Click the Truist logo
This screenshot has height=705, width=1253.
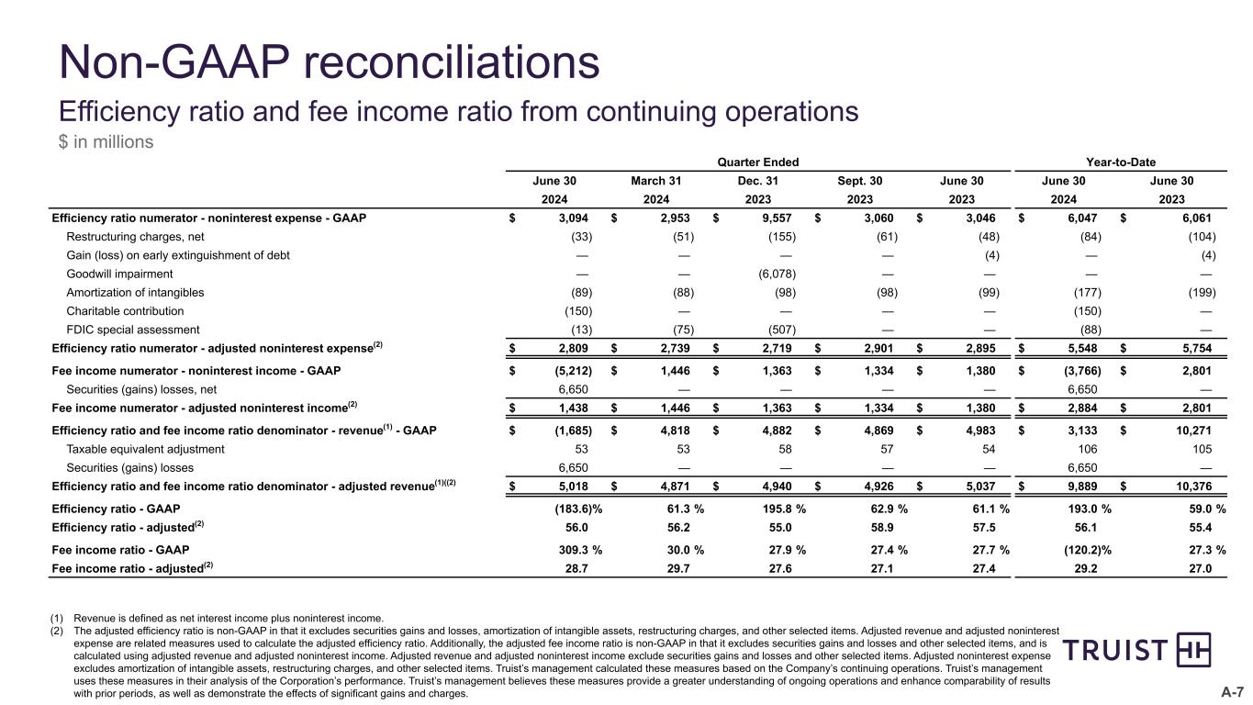point(1136,650)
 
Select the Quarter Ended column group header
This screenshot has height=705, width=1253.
point(759,162)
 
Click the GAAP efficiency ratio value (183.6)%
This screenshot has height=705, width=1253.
point(573,509)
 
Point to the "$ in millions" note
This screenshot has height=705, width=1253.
point(106,142)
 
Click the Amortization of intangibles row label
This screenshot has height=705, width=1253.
point(135,293)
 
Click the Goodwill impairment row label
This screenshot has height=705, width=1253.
point(119,274)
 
